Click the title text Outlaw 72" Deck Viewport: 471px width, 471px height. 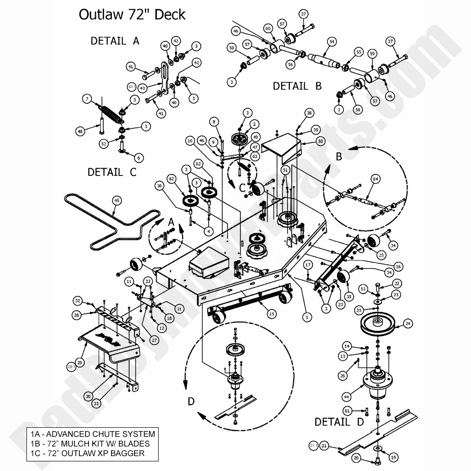(132, 14)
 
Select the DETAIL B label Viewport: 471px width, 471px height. (297, 86)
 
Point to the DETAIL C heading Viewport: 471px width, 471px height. (112, 172)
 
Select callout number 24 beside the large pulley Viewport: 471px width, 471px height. (408, 324)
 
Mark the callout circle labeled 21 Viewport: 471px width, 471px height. (324, 446)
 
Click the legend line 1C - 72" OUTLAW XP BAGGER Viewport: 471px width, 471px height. (86, 453)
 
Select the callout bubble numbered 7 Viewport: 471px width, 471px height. (87, 99)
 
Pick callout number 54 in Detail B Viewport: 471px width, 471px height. (331, 42)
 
